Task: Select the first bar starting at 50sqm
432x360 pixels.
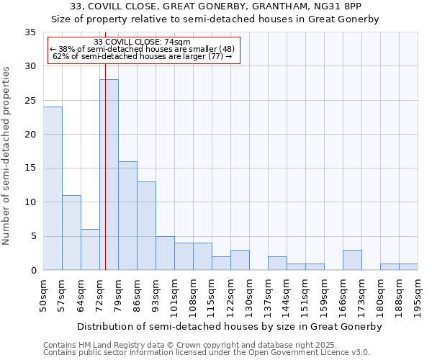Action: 53,189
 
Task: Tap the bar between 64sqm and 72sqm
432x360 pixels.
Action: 90,250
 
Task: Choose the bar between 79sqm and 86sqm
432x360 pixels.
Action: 127,216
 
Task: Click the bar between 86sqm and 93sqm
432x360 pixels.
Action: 146,226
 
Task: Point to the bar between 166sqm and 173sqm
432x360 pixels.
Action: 352,260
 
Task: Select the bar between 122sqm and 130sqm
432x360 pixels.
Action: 240,260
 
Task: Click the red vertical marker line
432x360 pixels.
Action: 105,144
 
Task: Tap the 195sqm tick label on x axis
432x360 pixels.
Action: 418,296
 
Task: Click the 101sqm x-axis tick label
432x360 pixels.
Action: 175,296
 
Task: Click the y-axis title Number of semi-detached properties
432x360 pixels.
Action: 7,156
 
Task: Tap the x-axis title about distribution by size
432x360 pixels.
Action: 230,326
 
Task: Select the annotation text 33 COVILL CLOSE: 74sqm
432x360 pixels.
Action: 142,42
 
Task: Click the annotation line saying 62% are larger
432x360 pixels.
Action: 143,56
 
